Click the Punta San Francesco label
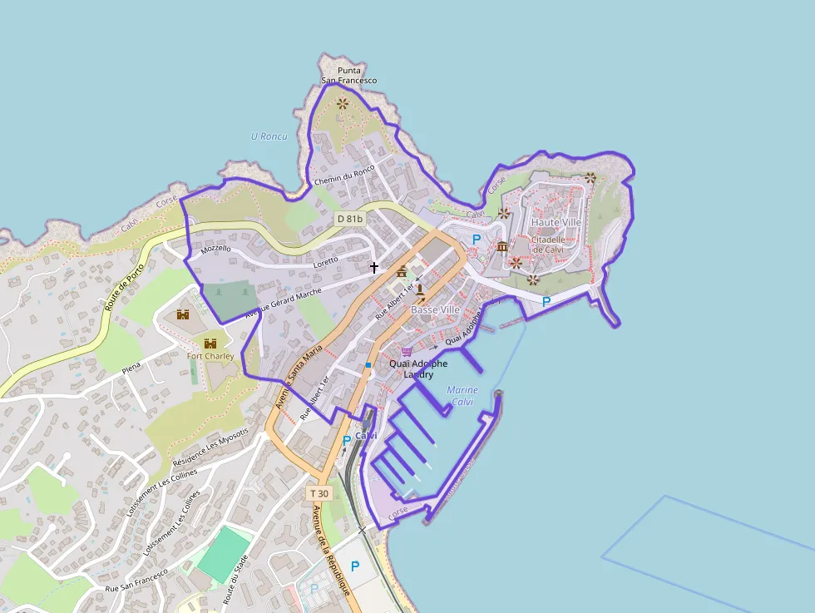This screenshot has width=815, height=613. click(x=349, y=76)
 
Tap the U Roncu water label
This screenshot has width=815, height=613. click(x=269, y=136)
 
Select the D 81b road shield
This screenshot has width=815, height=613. click(x=350, y=219)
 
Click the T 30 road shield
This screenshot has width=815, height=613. click(x=319, y=493)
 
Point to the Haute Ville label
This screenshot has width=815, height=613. click(x=556, y=223)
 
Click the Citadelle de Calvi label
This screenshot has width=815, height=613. click(x=548, y=245)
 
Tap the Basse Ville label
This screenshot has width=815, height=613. click(x=435, y=309)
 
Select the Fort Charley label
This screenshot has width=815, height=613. click(x=210, y=356)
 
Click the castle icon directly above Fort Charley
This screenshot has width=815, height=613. click(x=210, y=343)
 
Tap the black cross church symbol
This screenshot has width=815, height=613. click(x=374, y=267)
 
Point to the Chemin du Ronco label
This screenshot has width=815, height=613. click(x=344, y=175)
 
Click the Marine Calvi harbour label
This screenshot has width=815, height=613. click(x=462, y=395)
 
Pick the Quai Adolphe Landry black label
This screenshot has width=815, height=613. click(x=418, y=368)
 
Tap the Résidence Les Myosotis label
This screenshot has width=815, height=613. click(x=210, y=450)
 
